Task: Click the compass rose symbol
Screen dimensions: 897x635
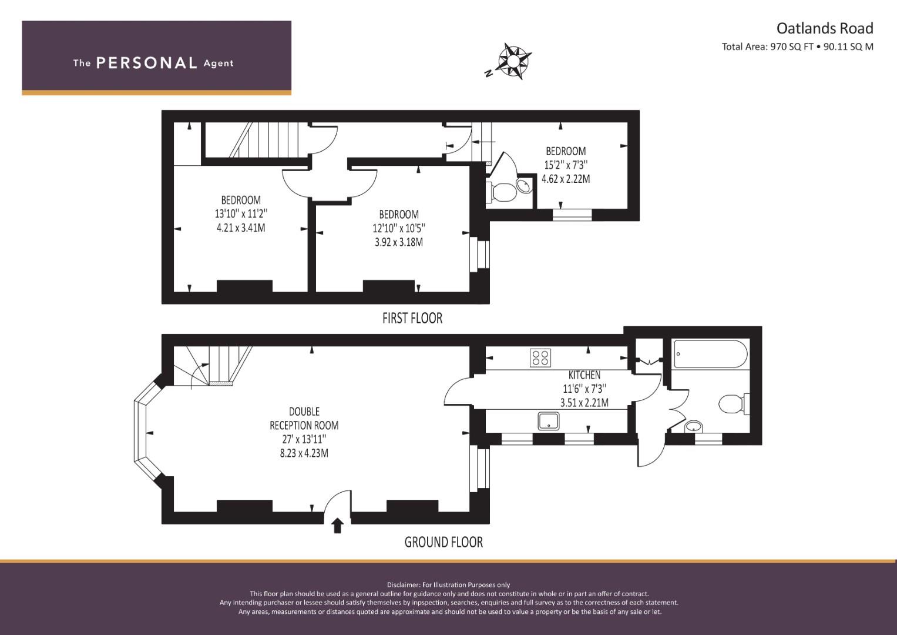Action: (513, 61)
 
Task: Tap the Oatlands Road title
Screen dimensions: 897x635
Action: (825, 28)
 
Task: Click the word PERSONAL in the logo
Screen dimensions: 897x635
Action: (147, 63)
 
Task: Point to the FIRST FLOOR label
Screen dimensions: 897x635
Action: (412, 318)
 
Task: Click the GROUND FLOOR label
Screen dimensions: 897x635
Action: (444, 542)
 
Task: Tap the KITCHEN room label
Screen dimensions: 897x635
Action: (584, 375)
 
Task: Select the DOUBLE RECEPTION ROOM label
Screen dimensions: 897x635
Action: (304, 418)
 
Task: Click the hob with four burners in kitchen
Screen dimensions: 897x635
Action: (540, 357)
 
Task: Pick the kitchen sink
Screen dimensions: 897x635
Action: (548, 421)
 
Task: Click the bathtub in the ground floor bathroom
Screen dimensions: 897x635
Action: (710, 354)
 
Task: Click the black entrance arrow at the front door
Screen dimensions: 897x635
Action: (337, 526)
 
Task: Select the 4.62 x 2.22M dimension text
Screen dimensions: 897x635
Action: (566, 179)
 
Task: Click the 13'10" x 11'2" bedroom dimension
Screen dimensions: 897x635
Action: (241, 213)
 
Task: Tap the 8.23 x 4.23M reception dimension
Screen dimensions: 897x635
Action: (304, 453)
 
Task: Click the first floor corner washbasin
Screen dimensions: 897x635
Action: (523, 185)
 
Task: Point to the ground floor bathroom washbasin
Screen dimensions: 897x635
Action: (694, 426)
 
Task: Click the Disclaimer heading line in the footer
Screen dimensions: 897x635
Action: (448, 585)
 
